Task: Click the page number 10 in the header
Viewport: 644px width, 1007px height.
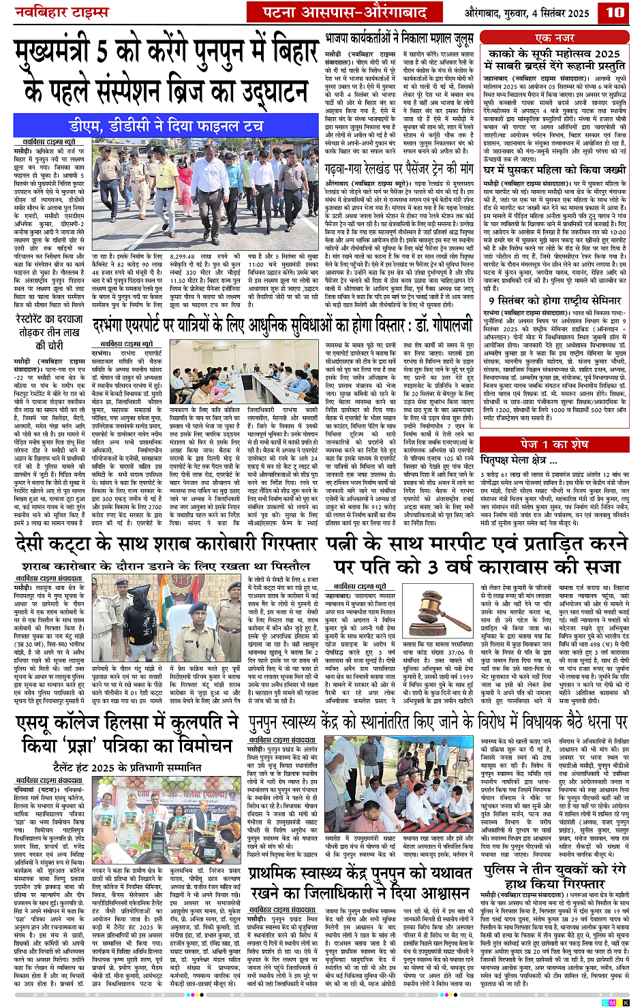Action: (615, 12)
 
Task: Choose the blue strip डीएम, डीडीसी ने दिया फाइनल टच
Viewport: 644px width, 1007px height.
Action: (166, 126)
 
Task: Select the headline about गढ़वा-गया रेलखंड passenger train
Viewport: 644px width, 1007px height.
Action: (399, 168)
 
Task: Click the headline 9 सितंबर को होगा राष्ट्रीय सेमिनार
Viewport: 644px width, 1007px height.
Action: (554, 300)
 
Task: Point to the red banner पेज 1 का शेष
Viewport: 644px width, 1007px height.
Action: (554, 444)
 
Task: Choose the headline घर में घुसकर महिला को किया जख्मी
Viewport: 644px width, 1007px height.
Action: (554, 170)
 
